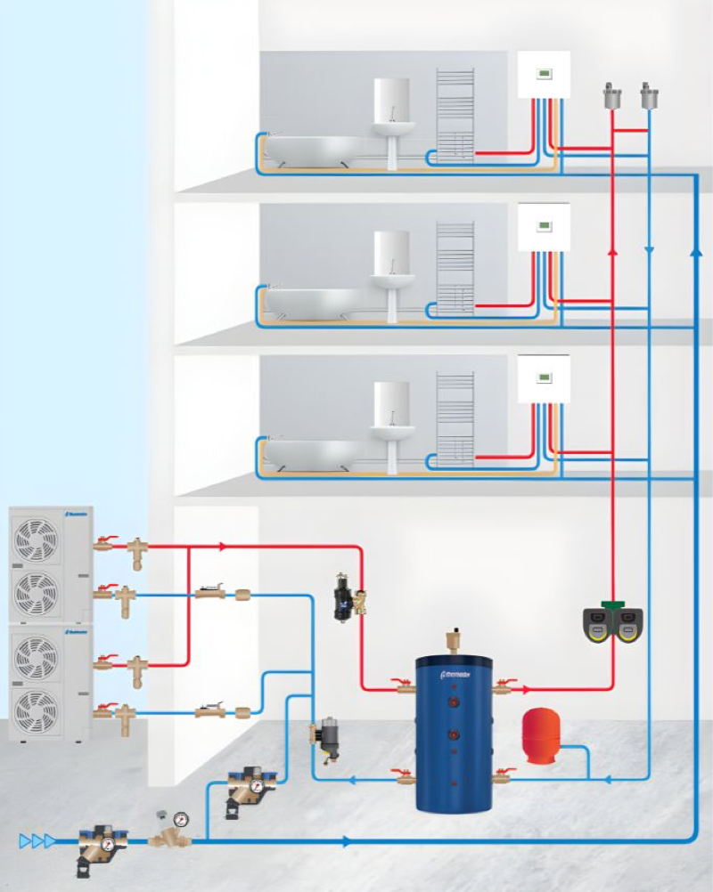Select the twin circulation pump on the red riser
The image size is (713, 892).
coord(613,624)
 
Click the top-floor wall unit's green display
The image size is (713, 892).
coord(543,75)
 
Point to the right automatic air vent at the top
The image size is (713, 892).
coord(648,95)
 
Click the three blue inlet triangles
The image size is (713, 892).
coord(37,840)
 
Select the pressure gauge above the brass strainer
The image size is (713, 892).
coord(182,816)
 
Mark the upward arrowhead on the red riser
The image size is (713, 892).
coord(613,252)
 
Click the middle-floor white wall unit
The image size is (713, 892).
coord(544,227)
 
